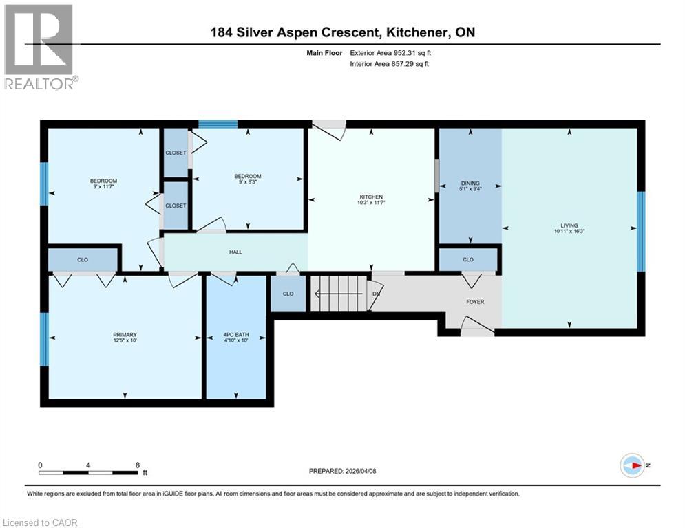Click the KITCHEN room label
(370, 197)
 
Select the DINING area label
(470, 184)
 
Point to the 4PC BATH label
(236, 335)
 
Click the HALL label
(235, 252)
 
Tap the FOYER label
(476, 301)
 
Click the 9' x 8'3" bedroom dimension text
(248, 182)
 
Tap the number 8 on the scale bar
(137, 465)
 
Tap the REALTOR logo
(40, 47)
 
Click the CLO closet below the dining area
(468, 260)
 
